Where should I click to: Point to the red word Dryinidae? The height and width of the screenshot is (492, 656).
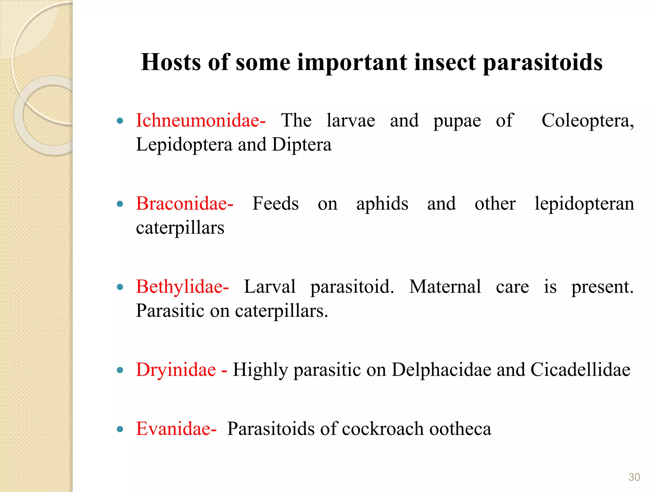click(x=176, y=370)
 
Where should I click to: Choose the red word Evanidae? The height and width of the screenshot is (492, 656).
click(x=173, y=429)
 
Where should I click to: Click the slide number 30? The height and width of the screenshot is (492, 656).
click(x=634, y=477)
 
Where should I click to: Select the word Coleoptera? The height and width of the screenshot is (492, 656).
click(x=587, y=121)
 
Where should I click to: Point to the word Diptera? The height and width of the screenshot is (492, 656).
click(x=301, y=145)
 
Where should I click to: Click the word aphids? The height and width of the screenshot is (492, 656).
click(x=382, y=204)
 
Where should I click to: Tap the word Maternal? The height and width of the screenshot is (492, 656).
click(x=445, y=287)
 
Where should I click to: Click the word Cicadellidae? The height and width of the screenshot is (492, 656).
click(x=580, y=370)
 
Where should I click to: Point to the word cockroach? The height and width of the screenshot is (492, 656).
click(x=383, y=429)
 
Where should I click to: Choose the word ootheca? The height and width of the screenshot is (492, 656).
click(x=460, y=429)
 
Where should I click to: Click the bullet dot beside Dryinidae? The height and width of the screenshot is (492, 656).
click(x=120, y=371)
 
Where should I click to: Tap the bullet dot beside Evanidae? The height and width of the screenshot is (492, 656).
click(x=120, y=430)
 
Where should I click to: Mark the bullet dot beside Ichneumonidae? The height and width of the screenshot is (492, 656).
click(x=120, y=121)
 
